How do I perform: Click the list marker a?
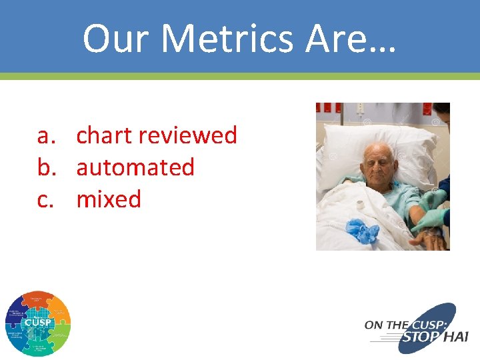[45, 135]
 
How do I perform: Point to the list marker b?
[45, 167]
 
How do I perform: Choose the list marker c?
[45, 199]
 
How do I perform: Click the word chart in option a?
[105, 135]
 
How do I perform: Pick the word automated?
[135, 167]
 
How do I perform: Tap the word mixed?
[109, 199]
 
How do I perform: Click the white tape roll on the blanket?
[360, 205]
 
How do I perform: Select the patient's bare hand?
[431, 239]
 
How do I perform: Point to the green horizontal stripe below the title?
[240, 76]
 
